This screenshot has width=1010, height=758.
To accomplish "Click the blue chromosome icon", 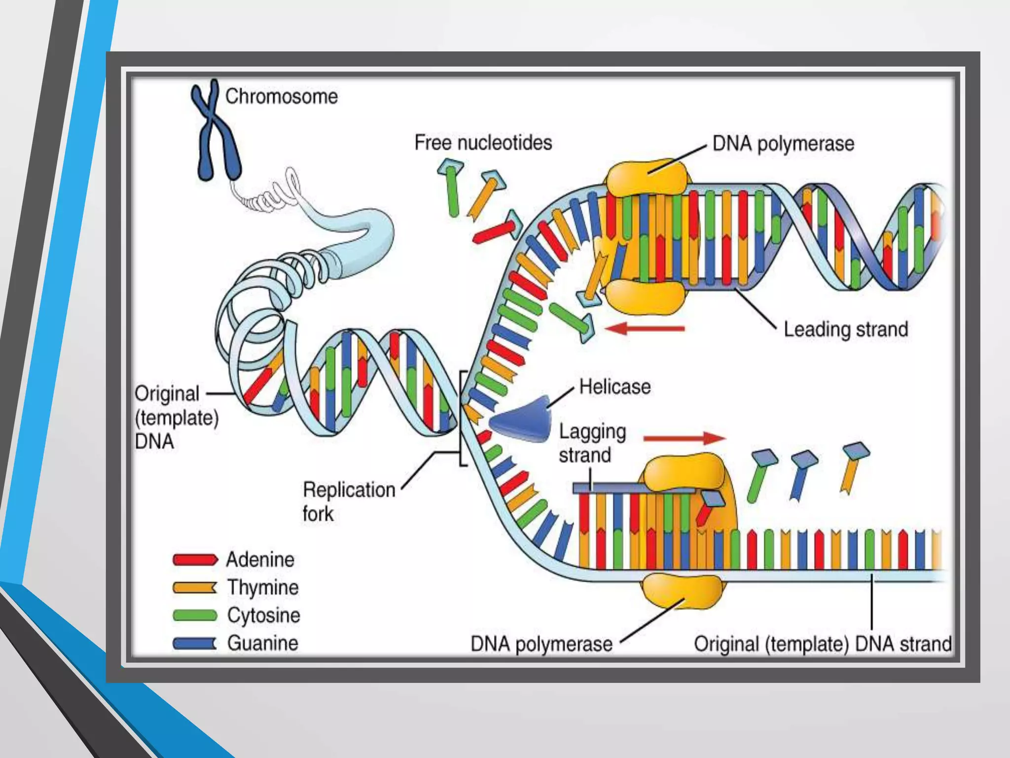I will pos(216,131).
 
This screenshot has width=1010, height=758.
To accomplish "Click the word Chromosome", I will pos(282,97).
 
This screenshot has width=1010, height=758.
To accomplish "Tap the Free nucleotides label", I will pos(483,143).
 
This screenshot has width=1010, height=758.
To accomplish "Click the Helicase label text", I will pos(614,387).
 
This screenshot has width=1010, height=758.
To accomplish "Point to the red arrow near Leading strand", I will pos(645,328).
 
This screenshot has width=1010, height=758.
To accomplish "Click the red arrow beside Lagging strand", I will pos(684,438).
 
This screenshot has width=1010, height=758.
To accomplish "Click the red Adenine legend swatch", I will pos(195,560).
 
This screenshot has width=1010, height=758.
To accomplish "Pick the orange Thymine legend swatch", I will pos(195,588).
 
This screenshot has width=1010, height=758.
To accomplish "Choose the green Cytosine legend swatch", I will pos(195,615).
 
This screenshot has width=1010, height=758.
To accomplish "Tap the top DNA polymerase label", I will pos(783,144).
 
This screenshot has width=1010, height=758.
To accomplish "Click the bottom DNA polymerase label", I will pos(541,644).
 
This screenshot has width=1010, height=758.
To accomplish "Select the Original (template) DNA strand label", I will pos(823,644).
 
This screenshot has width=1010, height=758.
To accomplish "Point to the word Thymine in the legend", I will pos(263,588).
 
